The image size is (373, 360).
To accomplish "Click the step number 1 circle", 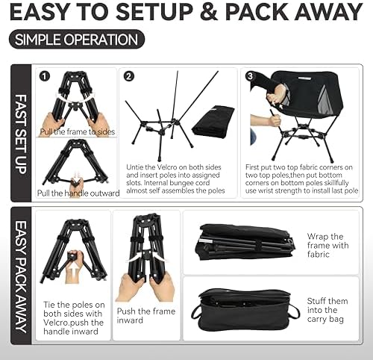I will (46, 75).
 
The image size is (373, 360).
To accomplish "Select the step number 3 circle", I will (248, 75).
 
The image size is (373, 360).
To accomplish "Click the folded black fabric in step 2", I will (212, 120).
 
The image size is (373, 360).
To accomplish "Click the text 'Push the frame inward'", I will (145, 316).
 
